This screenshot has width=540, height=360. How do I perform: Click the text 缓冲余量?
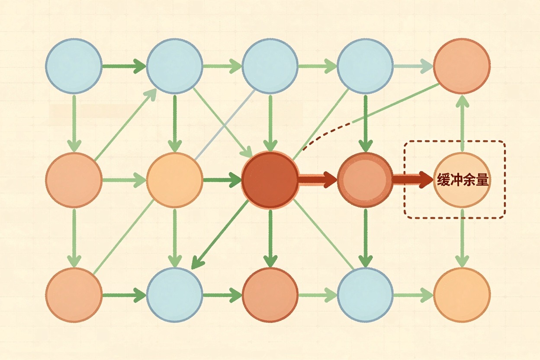coord(463,180)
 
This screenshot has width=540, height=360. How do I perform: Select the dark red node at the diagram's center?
coord(270,180)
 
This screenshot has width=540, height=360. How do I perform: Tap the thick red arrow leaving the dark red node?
coord(318,180)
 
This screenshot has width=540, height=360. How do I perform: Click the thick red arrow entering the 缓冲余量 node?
coord(413,180)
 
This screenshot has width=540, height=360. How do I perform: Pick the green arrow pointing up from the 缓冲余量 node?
coord(463,123)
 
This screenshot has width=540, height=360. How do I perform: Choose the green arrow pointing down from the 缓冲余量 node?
coord(463,238)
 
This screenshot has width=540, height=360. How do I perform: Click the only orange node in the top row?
coord(462,66)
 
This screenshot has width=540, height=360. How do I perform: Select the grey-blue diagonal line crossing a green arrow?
coord(225,125)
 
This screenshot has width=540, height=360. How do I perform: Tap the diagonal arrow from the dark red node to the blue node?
coord(220,235)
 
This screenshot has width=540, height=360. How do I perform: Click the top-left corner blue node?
coord(74,66)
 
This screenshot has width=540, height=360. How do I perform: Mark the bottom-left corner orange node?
coord(74,295)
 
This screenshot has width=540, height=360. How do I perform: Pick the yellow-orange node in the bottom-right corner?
coord(462,295)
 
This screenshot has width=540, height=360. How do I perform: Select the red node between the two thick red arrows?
coord(366,180)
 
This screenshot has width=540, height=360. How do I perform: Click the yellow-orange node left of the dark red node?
coord(174,180)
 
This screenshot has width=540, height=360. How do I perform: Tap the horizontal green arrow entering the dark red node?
coord(222,180)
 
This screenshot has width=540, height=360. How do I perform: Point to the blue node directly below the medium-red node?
coord(366,295)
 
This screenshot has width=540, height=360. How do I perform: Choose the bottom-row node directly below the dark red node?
coord(270,295)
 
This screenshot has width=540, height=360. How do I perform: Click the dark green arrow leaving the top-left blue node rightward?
coord(124,66)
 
